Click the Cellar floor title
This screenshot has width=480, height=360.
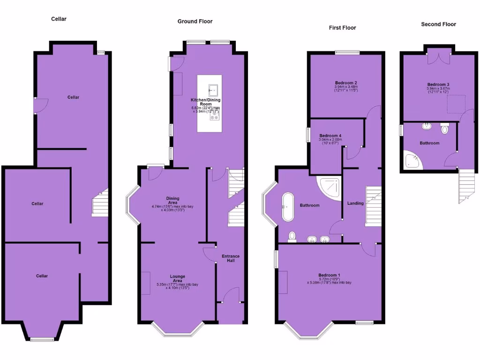[59, 19]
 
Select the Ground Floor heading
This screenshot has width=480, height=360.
[195, 21]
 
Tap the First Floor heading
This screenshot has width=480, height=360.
[342, 28]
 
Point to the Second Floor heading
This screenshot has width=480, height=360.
[438, 24]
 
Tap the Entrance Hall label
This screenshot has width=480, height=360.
[230, 258]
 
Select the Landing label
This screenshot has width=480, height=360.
[355, 203]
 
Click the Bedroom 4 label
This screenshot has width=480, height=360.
[330, 135]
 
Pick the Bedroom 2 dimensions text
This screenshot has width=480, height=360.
[346, 88]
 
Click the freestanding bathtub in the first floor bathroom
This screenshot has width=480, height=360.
[287, 206]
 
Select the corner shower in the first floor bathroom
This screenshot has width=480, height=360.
[329, 188]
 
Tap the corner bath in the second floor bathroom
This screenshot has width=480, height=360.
[413, 161]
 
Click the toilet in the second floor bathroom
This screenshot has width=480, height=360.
[445, 127]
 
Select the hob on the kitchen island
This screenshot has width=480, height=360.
[215, 116]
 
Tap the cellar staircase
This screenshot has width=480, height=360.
[100, 202]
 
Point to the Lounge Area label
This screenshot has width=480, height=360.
[178, 278]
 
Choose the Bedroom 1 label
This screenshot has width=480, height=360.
[329, 275]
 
